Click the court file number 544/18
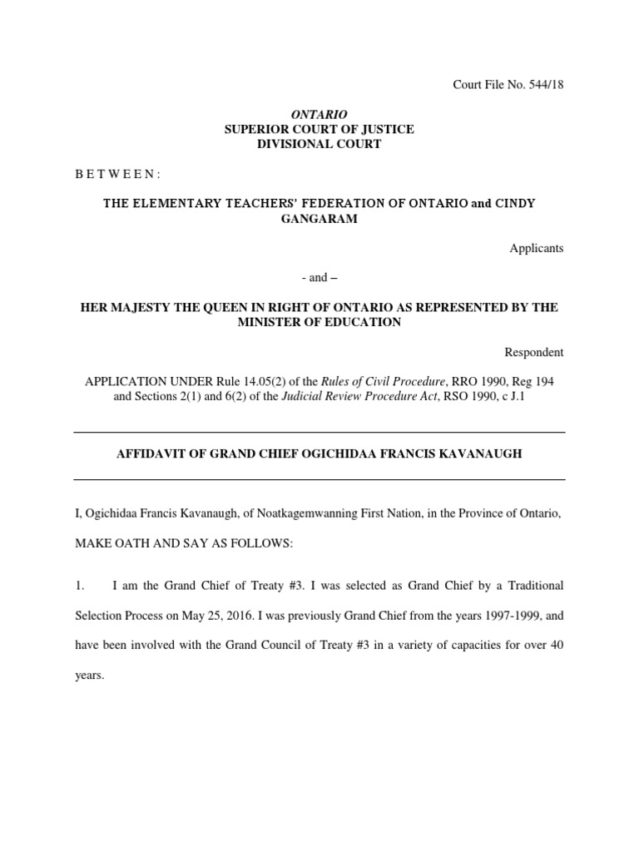click(x=547, y=85)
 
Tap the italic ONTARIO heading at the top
click(x=319, y=114)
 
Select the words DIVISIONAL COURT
click(x=319, y=144)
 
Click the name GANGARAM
click(x=319, y=218)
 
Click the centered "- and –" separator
click(x=319, y=278)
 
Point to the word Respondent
click(x=533, y=352)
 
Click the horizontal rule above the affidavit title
click(x=319, y=433)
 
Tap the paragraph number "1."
click(x=81, y=586)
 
